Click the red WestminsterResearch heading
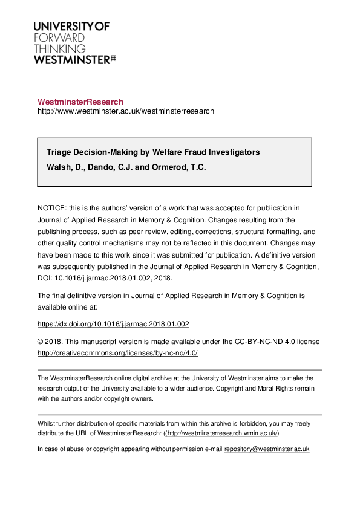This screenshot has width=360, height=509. tap(80, 102)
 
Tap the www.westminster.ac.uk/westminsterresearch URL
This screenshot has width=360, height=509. tap(126, 111)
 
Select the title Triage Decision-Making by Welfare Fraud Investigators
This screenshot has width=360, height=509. tap(153, 152)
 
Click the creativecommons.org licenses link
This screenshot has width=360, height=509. tap(117, 353)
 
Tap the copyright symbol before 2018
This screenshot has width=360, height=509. tap(41, 342)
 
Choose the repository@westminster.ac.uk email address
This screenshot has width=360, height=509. tap(267, 449)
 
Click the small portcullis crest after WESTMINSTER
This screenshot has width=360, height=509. tap(113, 59)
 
